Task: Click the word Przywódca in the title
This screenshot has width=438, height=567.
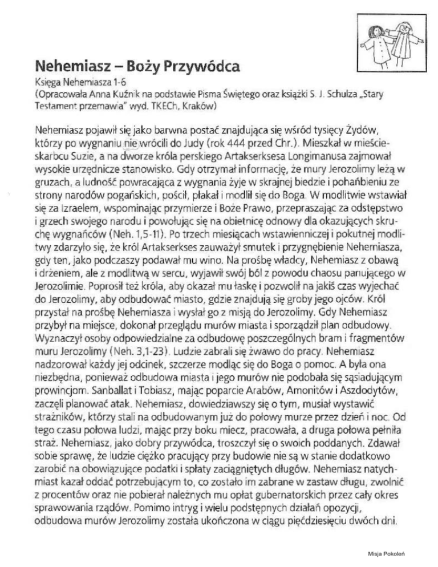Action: [194, 67]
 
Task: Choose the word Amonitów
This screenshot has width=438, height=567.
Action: [302, 387]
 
